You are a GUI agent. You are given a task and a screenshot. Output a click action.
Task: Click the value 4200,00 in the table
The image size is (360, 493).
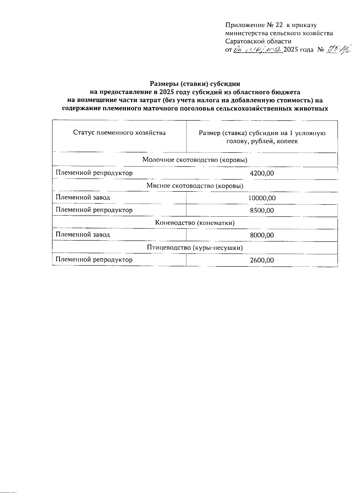[262, 173]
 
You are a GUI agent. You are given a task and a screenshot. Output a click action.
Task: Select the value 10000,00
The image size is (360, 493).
[262, 198]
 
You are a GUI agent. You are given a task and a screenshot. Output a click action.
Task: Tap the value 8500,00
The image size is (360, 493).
[262, 210]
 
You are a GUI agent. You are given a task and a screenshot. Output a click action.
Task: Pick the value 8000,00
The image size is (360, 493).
[262, 235]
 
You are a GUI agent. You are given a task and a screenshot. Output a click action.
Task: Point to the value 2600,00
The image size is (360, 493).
[262, 260]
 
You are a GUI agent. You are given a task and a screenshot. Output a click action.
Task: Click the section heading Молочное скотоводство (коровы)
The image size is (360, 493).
[195, 160]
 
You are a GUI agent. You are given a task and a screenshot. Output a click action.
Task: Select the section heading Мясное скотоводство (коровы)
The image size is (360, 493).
[195, 185]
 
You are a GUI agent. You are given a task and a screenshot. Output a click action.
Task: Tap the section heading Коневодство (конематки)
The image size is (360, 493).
[195, 223]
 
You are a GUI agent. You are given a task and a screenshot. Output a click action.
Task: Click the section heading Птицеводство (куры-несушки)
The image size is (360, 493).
[195, 248]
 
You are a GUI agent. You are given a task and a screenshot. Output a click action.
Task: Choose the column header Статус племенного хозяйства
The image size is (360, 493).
[119, 133]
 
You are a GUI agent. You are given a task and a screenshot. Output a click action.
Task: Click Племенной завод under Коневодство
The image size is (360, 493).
[83, 234]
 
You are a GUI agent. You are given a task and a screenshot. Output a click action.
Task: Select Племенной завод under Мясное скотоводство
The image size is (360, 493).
[83, 197]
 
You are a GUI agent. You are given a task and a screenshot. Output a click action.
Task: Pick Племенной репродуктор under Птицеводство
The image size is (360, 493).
[94, 260]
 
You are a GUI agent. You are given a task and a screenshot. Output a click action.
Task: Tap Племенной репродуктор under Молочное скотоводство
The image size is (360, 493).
[94, 173]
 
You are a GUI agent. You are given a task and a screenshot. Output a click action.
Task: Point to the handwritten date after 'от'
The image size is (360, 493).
[257, 50]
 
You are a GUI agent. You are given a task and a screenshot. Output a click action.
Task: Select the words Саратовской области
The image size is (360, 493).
[258, 41]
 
